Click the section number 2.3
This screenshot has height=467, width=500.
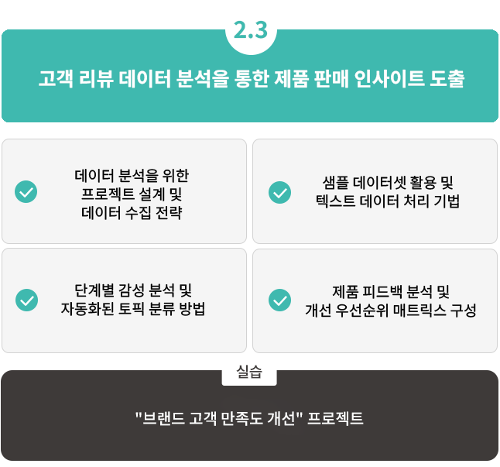249,30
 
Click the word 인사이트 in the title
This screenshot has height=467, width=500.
384,80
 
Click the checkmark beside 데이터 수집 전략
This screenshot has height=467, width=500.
26,191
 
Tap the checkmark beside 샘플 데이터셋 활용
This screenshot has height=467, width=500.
279,191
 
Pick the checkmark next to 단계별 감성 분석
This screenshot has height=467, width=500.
26,300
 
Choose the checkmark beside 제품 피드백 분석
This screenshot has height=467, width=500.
279,300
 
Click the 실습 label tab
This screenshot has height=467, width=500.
249,373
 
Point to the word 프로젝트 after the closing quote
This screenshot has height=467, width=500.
335,419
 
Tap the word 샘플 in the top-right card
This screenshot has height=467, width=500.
336,184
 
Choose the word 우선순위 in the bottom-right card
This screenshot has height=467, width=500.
363,310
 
